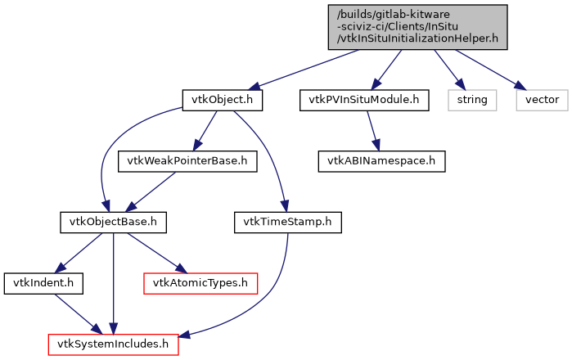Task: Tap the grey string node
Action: (471, 100)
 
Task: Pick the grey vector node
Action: (541, 100)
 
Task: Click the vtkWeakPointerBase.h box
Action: (188, 160)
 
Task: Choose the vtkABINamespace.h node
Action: (382, 160)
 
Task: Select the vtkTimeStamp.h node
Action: (287, 221)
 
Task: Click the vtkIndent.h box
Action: (38, 282)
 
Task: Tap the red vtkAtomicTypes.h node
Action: (200, 282)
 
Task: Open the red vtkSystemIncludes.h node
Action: (113, 344)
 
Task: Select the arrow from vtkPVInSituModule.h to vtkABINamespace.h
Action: (374, 130)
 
